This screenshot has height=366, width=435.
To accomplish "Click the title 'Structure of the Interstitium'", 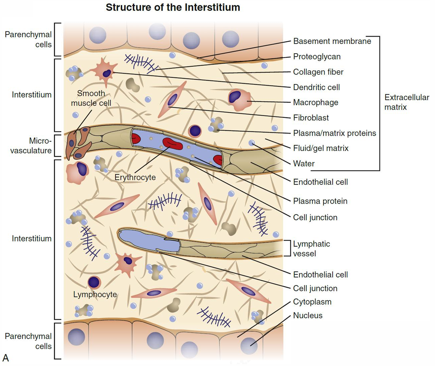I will [x=173, y=7].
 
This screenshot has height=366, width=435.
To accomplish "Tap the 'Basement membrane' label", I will [x=332, y=41].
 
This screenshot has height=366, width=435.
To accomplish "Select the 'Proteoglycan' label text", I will [x=317, y=57].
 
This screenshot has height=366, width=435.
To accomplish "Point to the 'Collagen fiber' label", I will [x=318, y=72].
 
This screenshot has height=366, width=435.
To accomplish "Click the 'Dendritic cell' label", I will [x=316, y=87].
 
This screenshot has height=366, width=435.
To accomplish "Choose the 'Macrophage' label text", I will [x=315, y=102].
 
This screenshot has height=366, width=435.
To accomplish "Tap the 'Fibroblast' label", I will [x=311, y=118].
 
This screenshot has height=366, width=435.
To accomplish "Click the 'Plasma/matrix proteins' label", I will [x=334, y=133].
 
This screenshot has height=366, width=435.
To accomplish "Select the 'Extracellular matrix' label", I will [x=406, y=102].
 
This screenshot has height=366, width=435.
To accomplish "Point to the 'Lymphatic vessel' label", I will [x=311, y=249].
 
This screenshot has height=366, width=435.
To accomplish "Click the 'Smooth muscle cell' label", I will [x=91, y=98].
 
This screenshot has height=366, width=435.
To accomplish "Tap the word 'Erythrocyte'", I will [x=135, y=177].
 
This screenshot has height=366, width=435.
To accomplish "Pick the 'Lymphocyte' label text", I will [x=95, y=295].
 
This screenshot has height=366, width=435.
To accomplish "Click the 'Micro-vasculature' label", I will [x=31, y=146].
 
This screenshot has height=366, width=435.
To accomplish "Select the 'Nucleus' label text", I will [x=308, y=316].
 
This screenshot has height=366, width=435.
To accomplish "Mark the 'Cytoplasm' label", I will [x=312, y=302].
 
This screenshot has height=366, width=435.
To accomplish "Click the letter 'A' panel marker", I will [x=6, y=358].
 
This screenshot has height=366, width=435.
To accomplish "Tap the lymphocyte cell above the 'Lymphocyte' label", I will [x=94, y=282].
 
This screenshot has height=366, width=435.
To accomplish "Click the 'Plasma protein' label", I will [x=320, y=201].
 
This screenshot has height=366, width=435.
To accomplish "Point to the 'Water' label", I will [x=304, y=164].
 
